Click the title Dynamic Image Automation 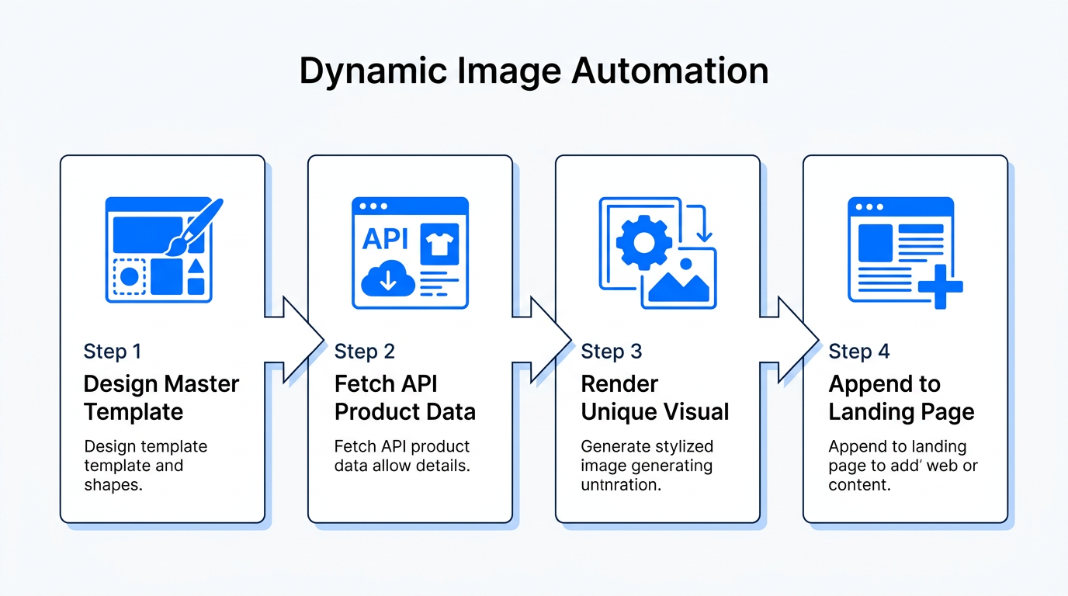533,71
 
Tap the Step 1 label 113,352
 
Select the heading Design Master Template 161,397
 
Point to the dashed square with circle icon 129,276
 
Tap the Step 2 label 365,352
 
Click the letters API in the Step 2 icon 385,239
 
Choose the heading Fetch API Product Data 404,397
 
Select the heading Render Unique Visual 655,397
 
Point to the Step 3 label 612,352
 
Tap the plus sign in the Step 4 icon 940,286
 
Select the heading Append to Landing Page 901,397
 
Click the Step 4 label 859,352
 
